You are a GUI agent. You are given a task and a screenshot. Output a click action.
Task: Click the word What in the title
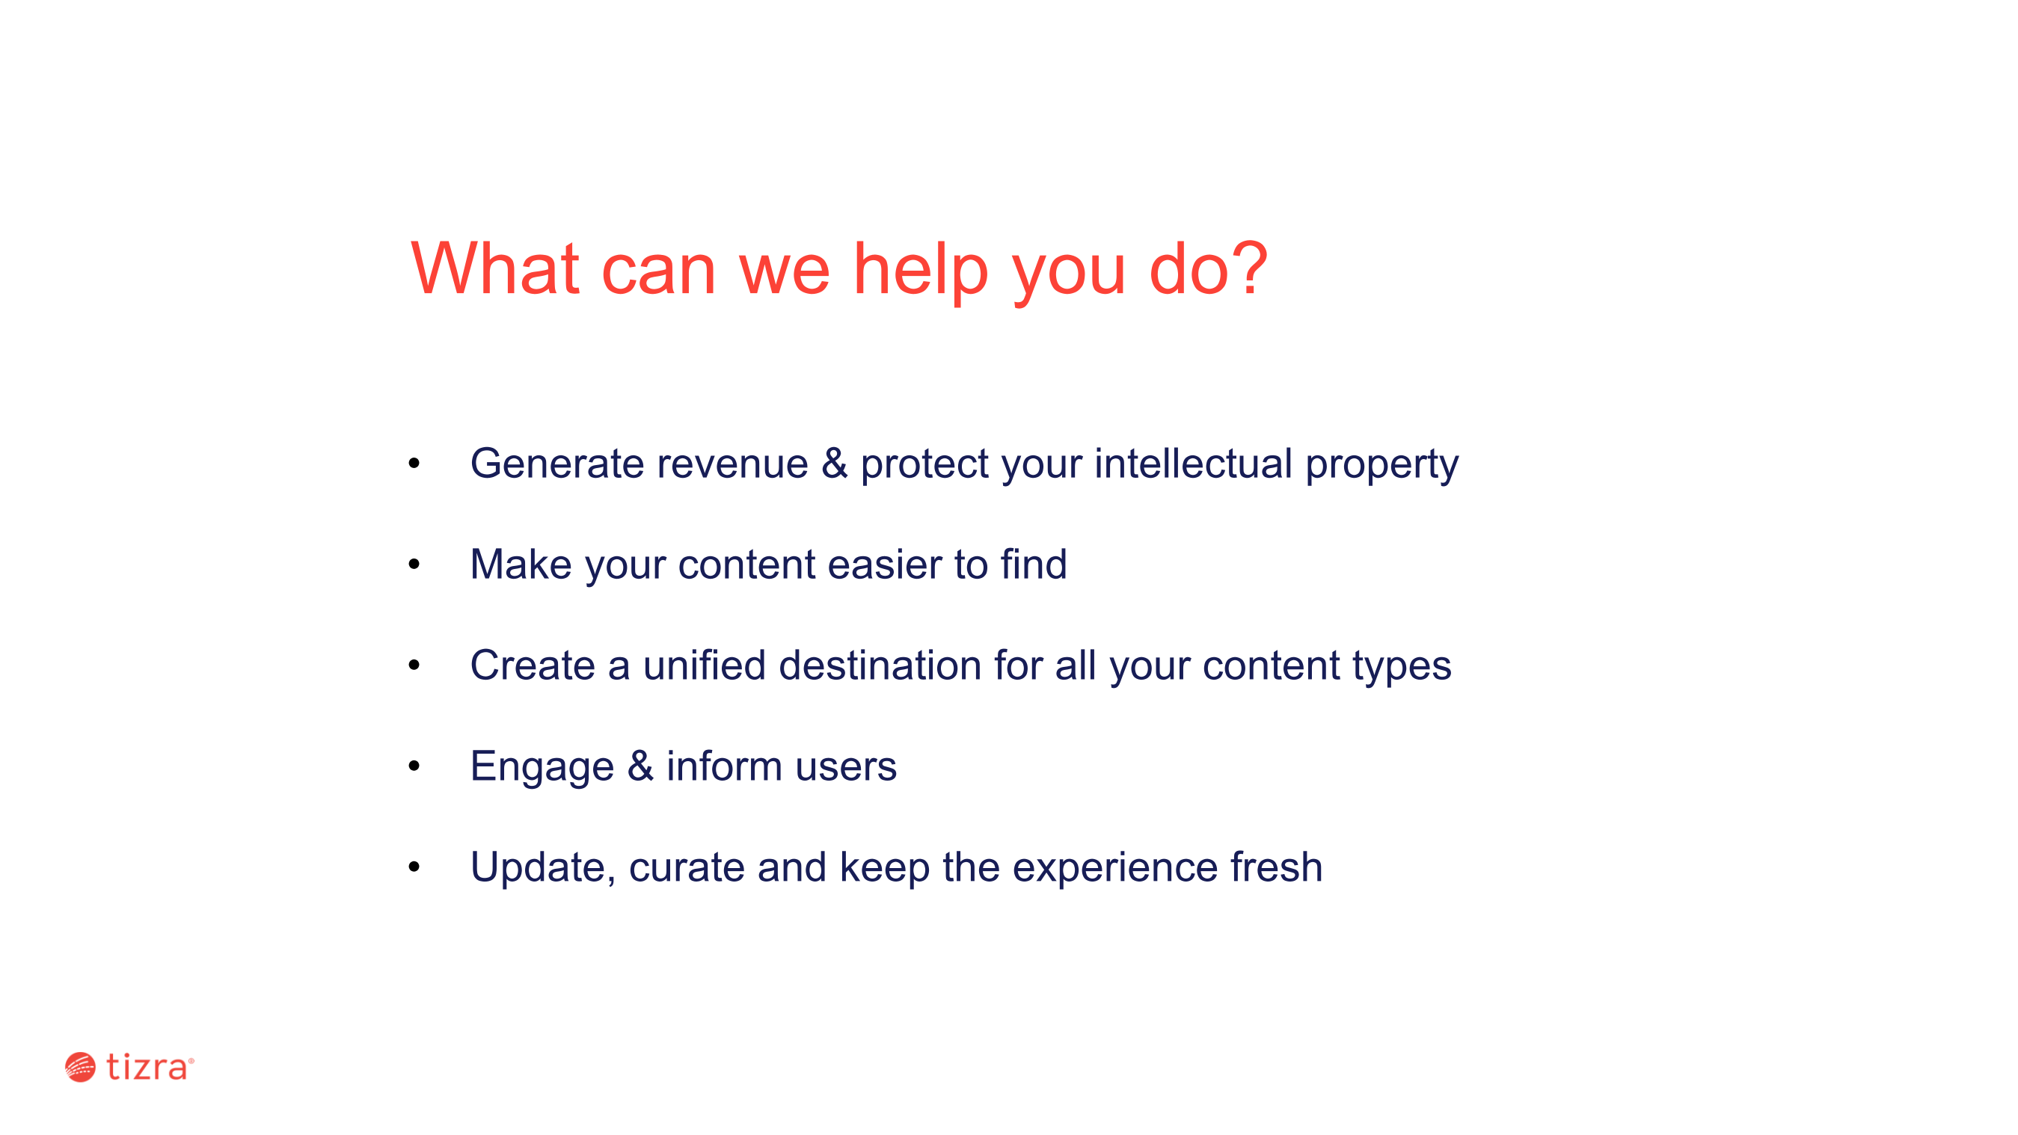pos(495,268)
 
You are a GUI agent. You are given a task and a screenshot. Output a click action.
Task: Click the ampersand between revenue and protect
pos(834,463)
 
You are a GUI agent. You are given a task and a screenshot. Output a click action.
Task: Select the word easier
pos(884,564)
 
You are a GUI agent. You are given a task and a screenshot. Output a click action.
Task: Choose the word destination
pos(880,664)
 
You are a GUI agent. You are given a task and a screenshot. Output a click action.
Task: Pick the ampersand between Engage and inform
pos(640,766)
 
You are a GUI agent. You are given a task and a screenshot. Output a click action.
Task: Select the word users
pos(846,769)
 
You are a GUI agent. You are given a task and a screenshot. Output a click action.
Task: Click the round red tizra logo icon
pos(80,1067)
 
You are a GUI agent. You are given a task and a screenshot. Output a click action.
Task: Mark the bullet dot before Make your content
pos(414,564)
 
